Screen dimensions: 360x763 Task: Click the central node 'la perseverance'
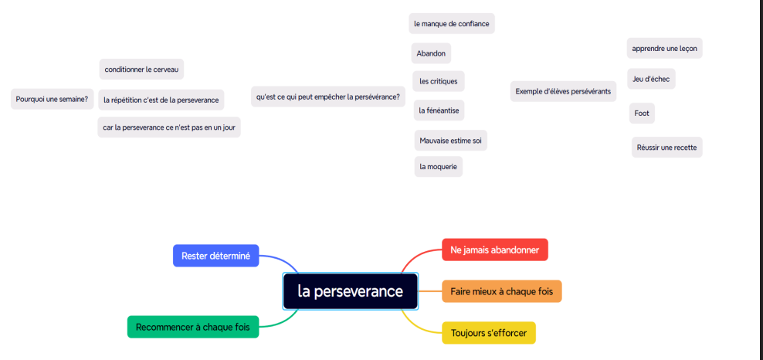351,291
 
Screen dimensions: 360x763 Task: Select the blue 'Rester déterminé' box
215,256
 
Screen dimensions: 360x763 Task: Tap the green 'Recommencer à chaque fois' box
193,327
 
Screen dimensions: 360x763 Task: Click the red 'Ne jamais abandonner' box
494,250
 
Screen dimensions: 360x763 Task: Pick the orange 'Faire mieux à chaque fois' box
501,291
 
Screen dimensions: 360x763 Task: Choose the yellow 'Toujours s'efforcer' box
488,333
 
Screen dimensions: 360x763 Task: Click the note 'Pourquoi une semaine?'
52,99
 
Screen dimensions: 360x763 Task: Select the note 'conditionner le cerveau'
141,70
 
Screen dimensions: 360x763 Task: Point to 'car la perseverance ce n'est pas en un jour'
169,127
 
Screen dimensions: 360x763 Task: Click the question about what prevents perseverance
328,97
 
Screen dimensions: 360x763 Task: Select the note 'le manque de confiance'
452,24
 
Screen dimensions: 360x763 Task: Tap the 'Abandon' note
431,53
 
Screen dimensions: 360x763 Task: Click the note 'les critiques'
438,81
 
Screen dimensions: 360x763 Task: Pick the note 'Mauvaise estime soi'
451,141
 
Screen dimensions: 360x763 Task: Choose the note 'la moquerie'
438,166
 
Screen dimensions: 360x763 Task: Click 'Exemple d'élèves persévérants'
563,91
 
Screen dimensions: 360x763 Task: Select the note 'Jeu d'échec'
651,79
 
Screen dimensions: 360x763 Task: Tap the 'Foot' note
642,114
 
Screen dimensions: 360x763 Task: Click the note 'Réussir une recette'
666,147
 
